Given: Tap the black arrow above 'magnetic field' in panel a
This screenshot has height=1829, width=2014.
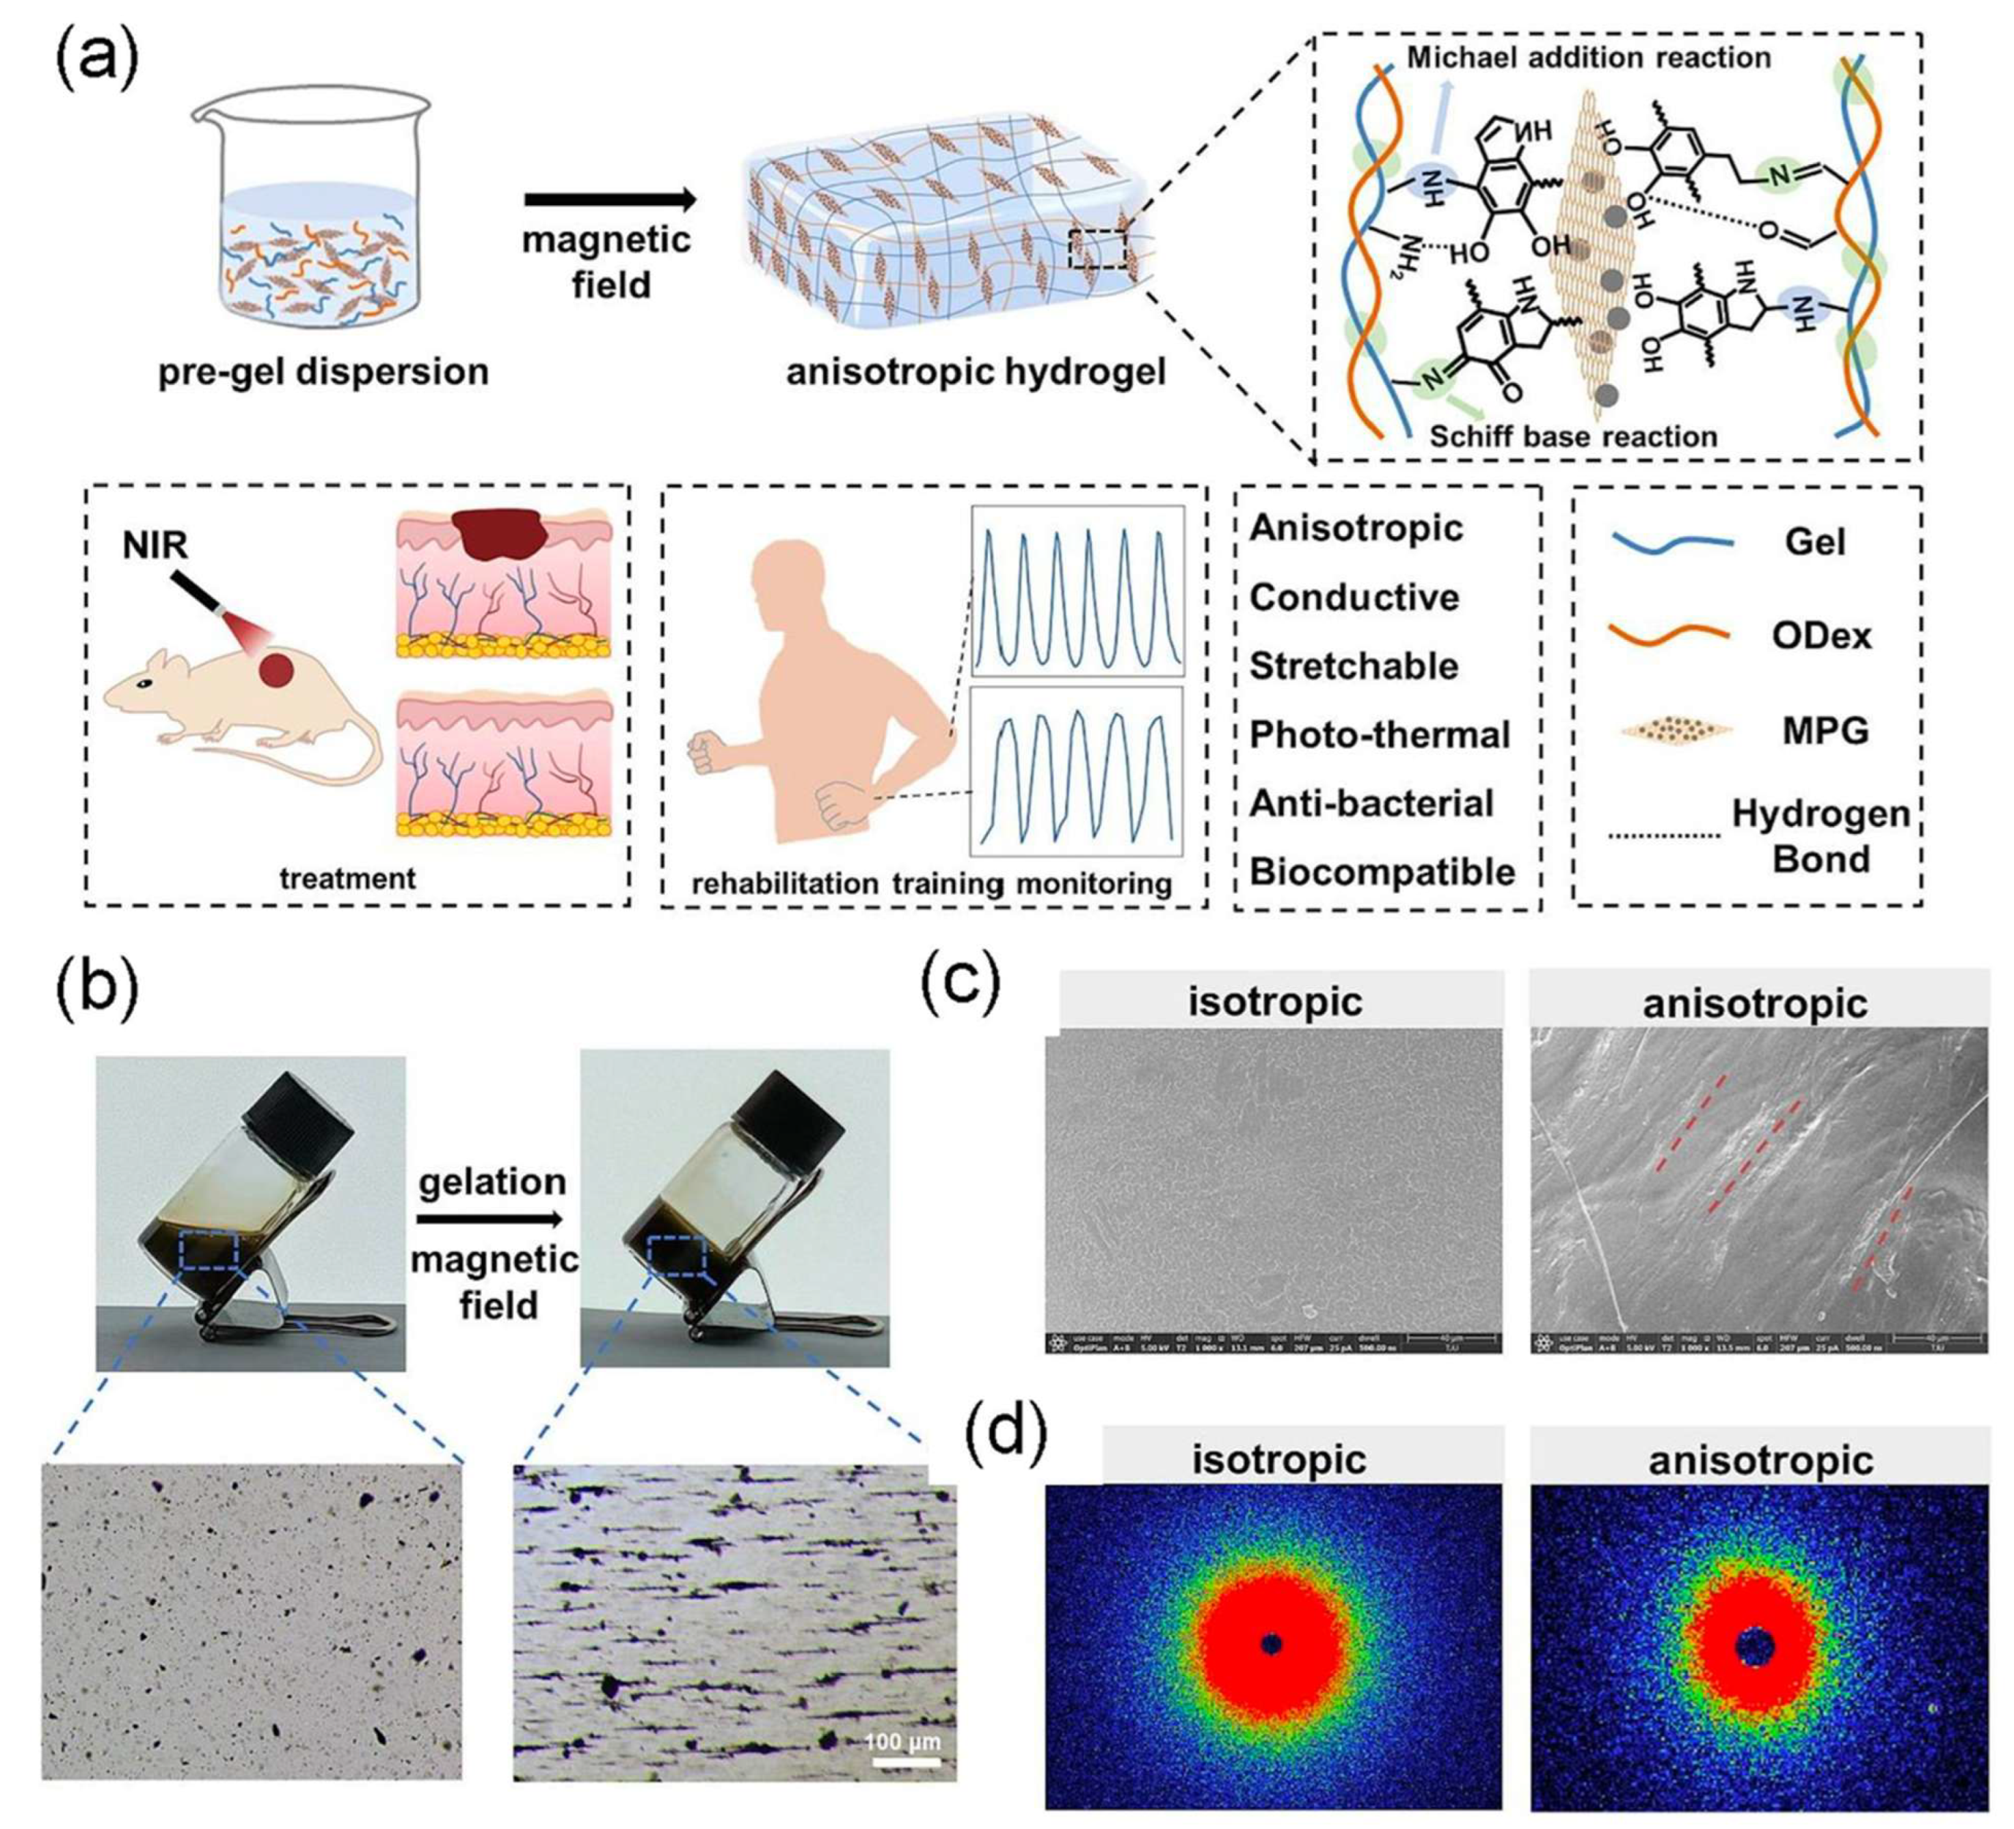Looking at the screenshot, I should (609, 200).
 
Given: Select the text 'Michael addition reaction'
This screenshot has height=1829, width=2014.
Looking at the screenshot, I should (1588, 58).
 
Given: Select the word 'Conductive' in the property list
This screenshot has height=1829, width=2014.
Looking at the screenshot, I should (1354, 598).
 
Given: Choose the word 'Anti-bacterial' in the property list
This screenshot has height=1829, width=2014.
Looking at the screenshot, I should (1371, 803).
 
